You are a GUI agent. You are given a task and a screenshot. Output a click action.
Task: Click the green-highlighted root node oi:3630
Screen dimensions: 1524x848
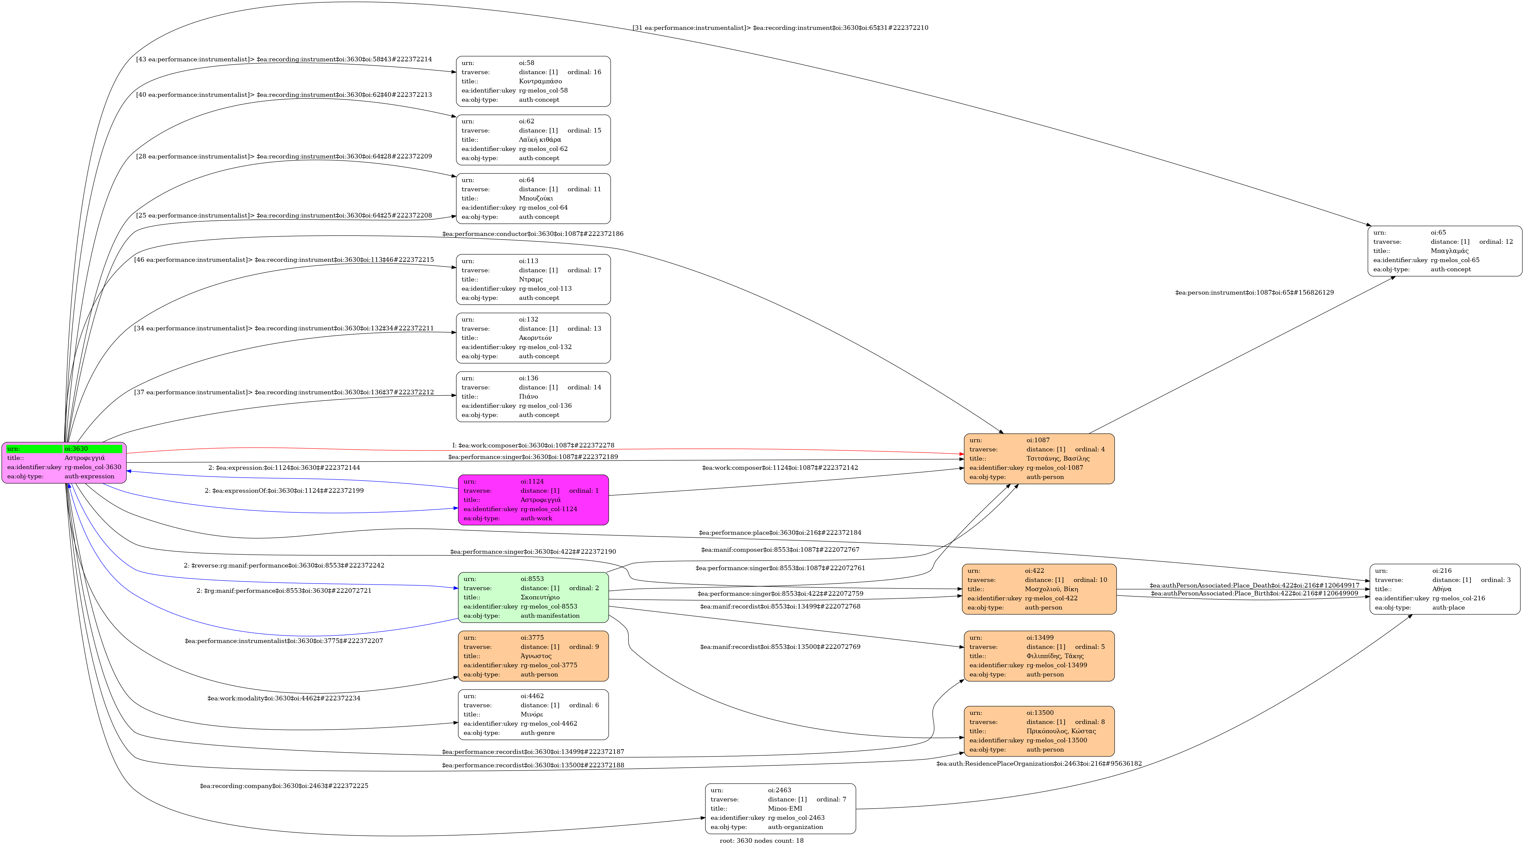pos(64,463)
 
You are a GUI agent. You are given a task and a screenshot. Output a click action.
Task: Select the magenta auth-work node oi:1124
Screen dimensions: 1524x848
pos(533,500)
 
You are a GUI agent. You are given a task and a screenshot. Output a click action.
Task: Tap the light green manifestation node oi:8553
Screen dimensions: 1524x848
pos(533,597)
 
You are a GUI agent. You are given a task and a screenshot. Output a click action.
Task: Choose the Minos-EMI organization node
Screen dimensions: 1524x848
pos(780,808)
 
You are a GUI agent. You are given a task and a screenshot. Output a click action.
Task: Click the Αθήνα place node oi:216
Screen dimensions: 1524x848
pos(1445,589)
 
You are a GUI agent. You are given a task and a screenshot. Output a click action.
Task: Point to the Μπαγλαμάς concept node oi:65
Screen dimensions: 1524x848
pos(1445,251)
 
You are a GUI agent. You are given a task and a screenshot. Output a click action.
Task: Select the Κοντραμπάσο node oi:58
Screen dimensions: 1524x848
pos(533,81)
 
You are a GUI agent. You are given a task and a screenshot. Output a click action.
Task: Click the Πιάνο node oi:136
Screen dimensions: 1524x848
pos(533,396)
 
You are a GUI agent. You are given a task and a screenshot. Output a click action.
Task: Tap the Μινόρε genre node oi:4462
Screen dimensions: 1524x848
pos(533,714)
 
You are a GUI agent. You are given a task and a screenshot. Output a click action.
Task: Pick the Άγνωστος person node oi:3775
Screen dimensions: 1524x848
pos(533,656)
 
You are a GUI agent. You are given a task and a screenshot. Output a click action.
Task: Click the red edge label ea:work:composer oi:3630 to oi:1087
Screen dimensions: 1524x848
pos(533,445)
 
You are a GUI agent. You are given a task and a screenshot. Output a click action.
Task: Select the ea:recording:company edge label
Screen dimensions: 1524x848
pos(284,786)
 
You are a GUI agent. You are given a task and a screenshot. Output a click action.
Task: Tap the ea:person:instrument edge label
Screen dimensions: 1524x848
pos(1254,292)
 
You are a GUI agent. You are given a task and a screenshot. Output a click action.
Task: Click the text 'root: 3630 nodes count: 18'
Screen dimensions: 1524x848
pos(762,840)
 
